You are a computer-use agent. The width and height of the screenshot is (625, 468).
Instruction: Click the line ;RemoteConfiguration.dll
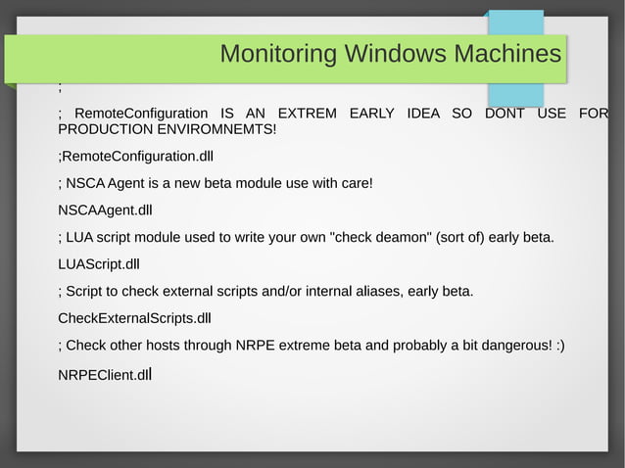136,157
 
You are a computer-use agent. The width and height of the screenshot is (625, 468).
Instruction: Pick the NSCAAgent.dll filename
105,210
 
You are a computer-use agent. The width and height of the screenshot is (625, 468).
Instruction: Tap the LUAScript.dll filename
99,264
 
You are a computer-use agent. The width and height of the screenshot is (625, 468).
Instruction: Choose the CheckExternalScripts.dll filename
134,318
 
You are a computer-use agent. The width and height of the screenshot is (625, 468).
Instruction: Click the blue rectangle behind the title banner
529,93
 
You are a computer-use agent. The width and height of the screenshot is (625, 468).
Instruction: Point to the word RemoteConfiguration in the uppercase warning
141,114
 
